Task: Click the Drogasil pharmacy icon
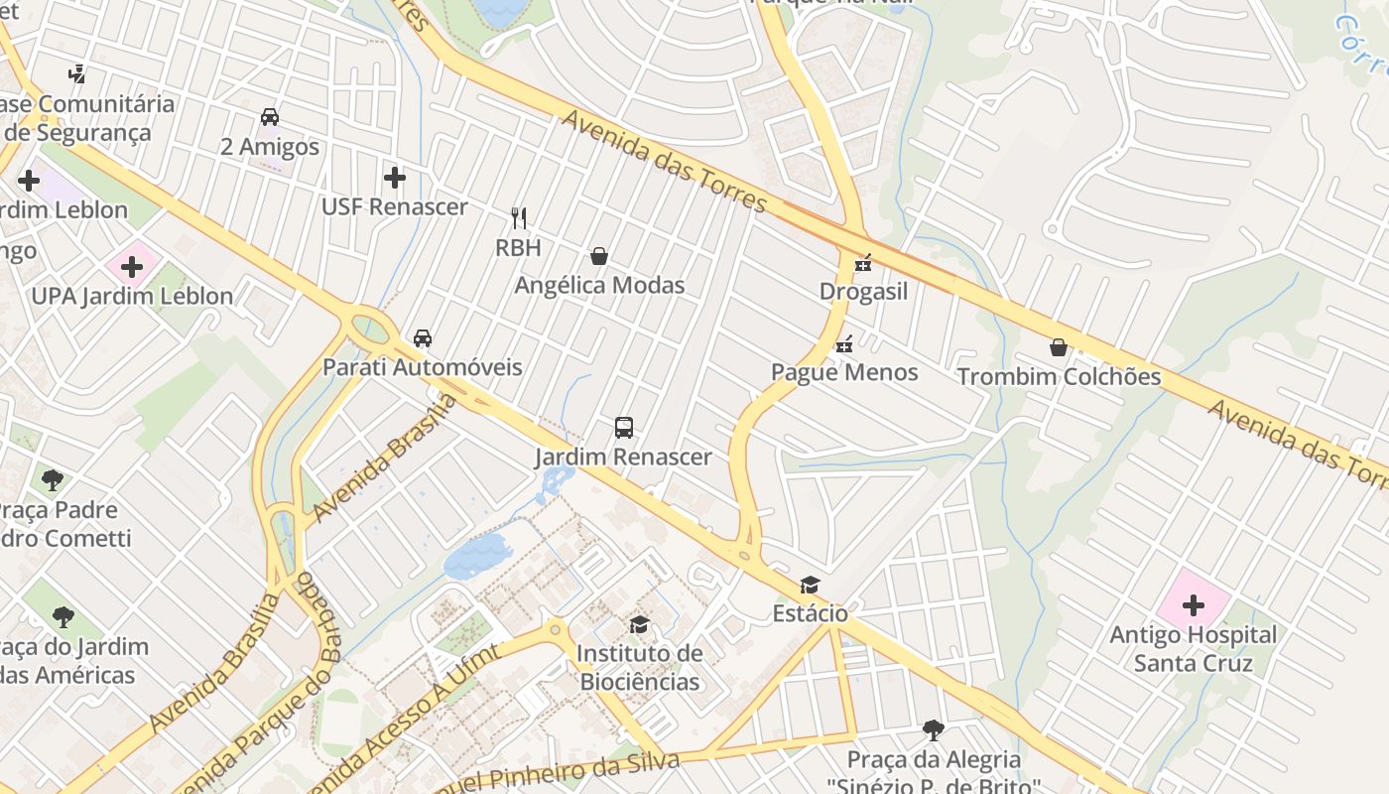tap(863, 262)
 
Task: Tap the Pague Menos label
tap(844, 372)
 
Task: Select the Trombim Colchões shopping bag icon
tap(1059, 347)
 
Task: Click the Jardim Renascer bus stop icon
tap(623, 428)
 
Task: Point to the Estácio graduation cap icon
tap(811, 585)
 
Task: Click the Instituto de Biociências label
tap(639, 667)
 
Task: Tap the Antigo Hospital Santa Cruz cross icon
tap(1193, 604)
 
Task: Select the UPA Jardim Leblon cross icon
tap(132, 266)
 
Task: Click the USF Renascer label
tap(394, 206)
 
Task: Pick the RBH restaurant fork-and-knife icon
tap(518, 217)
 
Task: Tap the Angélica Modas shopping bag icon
tap(599, 256)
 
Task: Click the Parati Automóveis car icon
tap(423, 337)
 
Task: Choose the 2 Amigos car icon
tap(270, 116)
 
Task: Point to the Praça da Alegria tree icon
tap(933, 730)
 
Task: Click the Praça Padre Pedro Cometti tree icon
tap(53, 480)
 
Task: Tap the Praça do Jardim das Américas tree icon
tap(63, 617)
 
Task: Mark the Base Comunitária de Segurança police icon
tap(76, 73)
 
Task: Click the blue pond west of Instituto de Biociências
tap(476, 556)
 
